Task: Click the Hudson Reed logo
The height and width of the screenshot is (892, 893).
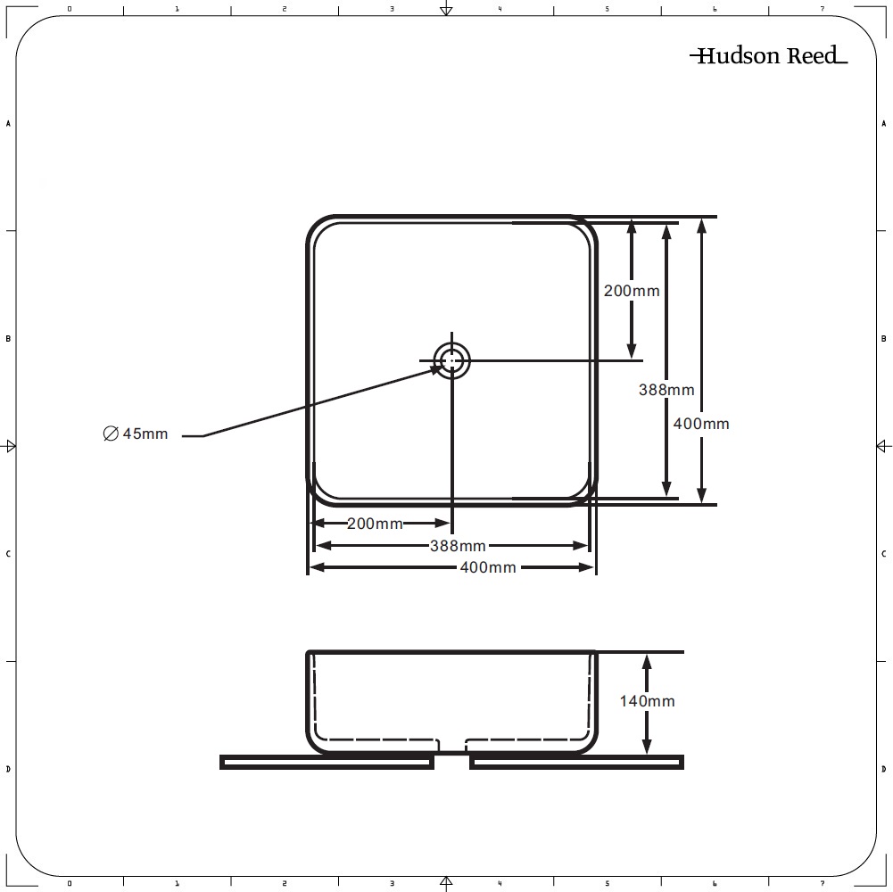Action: [768, 55]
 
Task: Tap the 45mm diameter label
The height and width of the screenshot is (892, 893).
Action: [136, 434]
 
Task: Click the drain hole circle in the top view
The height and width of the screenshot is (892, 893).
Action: [452, 360]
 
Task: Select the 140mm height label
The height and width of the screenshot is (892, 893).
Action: [647, 700]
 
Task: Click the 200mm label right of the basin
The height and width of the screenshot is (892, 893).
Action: [632, 291]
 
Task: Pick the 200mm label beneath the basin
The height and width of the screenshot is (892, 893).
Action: [375, 524]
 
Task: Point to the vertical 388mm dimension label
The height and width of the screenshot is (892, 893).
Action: [666, 390]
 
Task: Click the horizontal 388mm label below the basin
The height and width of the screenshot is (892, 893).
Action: [458, 546]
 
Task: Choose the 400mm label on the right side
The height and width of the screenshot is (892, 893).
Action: [701, 424]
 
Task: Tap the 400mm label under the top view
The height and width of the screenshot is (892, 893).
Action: [488, 567]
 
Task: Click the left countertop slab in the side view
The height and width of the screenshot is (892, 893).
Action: [327, 762]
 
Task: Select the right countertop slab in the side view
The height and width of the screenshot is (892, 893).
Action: [576, 762]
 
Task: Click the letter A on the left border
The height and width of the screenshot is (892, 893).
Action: [8, 124]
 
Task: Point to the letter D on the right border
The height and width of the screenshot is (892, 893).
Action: [884, 770]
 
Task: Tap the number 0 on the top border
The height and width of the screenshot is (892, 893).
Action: [70, 9]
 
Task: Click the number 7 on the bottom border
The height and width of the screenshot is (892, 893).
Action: [822, 884]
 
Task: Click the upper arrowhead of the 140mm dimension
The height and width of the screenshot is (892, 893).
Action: [647, 661]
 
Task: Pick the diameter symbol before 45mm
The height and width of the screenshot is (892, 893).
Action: [111, 434]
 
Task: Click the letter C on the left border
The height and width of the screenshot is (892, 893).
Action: [8, 554]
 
